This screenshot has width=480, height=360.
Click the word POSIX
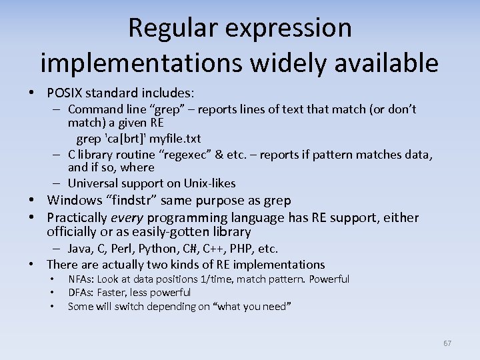click(x=67, y=92)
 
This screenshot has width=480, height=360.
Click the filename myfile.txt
click(x=175, y=139)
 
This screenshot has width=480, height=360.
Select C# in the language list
click(x=200, y=249)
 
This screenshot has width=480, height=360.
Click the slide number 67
click(x=447, y=343)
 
